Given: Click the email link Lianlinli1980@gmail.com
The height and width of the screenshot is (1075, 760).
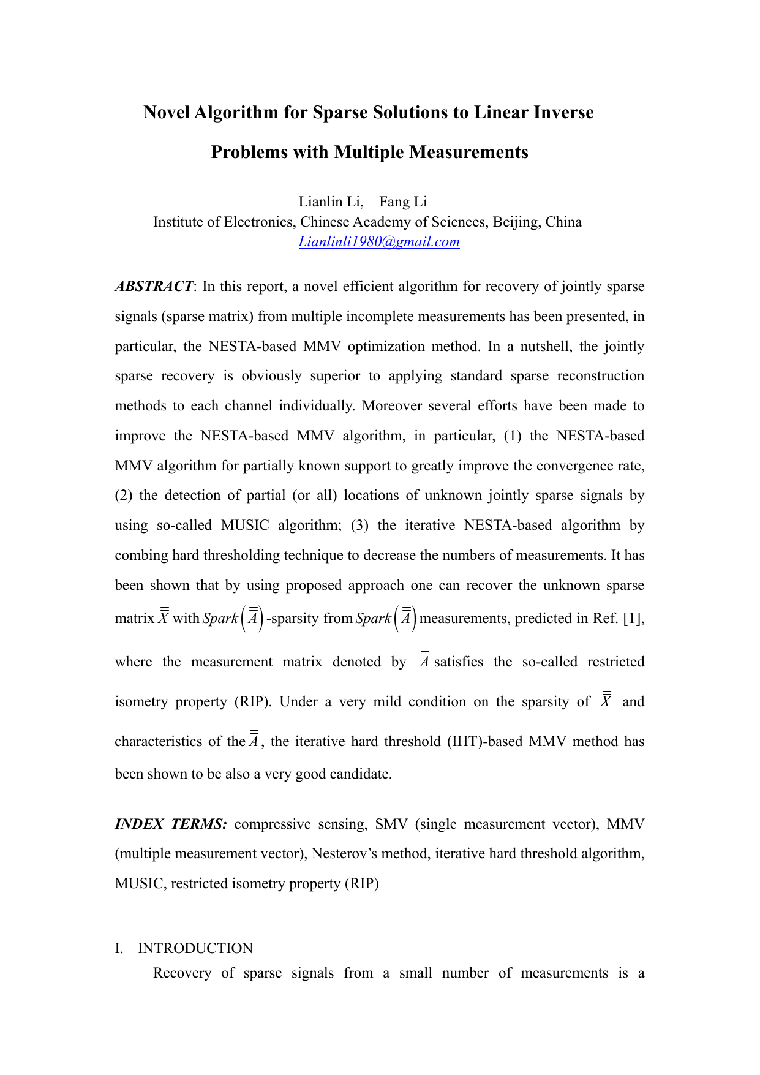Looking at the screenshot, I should pyautogui.click(x=379, y=242).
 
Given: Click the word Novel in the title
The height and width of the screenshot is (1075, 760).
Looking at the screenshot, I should pyautogui.click(x=166, y=113).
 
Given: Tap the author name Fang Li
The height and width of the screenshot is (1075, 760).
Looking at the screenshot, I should pyautogui.click(x=403, y=202).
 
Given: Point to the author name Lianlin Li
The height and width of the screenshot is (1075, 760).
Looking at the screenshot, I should pyautogui.click(x=330, y=202).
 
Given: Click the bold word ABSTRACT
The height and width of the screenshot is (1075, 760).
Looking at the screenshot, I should pyautogui.click(x=154, y=287).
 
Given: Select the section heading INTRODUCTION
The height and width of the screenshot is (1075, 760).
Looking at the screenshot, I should pyautogui.click(x=195, y=948).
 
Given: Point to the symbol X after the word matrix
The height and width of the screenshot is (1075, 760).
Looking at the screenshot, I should pyautogui.click(x=164, y=617).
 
